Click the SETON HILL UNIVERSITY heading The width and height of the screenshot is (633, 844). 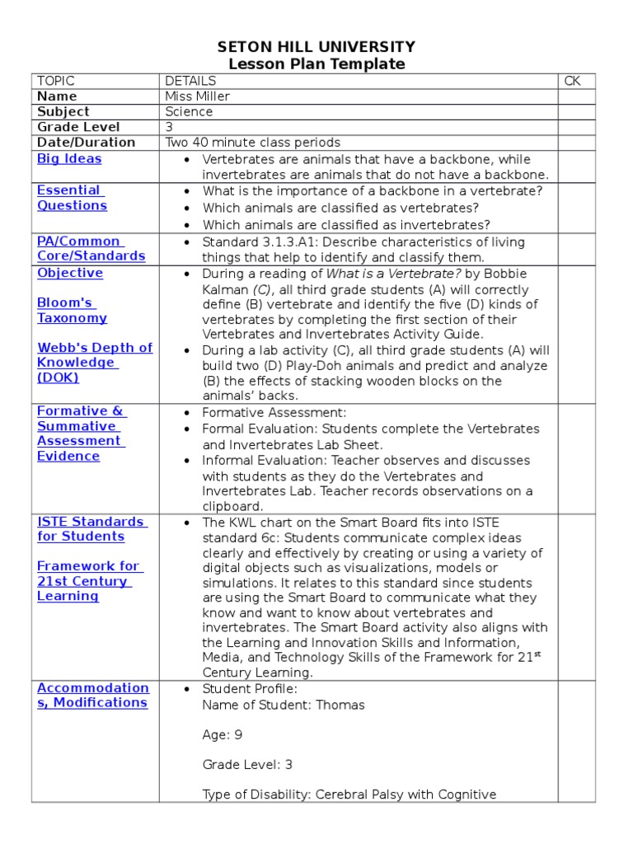pos(316,47)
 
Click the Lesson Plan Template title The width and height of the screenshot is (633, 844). pos(316,64)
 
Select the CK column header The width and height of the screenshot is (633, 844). pos(573,81)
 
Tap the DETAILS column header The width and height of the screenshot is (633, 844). pos(190,81)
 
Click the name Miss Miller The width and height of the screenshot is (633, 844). pos(197,96)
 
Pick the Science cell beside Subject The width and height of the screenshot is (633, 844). pos(189,111)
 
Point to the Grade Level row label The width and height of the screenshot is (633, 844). pos(78,127)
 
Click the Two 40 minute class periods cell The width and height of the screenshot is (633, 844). pos(252,143)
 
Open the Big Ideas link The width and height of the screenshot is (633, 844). pos(69,159)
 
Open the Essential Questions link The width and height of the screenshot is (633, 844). pos(72,198)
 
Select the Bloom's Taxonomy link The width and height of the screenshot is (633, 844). pos(72,311)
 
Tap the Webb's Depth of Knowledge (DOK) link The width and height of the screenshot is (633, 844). pos(94,363)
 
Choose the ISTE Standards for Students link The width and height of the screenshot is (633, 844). pos(91,529)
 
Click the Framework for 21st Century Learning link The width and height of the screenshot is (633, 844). pos(88,581)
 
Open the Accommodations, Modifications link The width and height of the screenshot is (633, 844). pos(92,696)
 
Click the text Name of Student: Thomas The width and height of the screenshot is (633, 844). pos(283,706)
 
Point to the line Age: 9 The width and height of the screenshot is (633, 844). pos(222,735)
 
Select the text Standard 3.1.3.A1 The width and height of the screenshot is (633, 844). pos(260,242)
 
